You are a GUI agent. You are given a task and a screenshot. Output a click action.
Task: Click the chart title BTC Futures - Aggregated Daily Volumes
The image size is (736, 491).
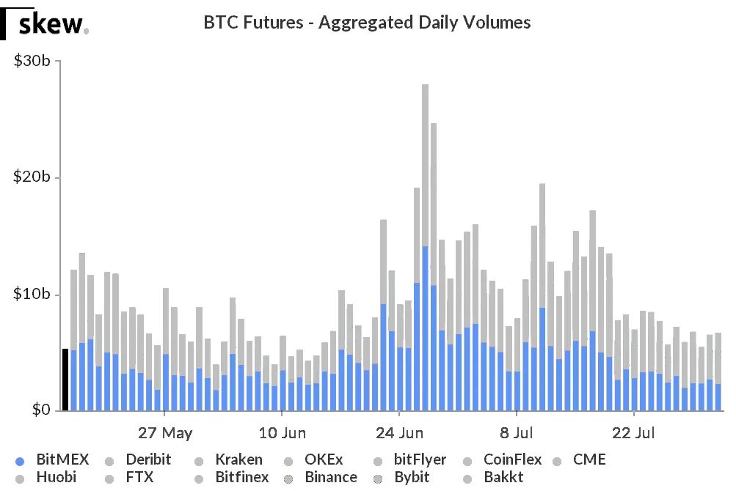(367, 23)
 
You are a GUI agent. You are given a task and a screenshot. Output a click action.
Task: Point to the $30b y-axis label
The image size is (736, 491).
(32, 61)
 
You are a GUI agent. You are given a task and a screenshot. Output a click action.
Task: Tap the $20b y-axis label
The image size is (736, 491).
(32, 177)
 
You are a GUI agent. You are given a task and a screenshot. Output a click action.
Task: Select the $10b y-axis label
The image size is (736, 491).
(32, 294)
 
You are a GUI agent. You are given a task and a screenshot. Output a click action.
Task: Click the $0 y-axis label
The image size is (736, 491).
(38, 410)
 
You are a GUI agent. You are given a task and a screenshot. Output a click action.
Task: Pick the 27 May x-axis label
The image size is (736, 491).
(165, 432)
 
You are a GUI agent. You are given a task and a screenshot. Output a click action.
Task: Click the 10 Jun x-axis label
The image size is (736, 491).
(283, 432)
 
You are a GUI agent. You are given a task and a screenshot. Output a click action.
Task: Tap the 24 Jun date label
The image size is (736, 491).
(399, 432)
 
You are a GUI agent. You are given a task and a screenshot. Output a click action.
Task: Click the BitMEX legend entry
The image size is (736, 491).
(53, 460)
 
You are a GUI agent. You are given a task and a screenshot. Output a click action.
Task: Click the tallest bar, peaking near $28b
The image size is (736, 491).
(425, 220)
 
